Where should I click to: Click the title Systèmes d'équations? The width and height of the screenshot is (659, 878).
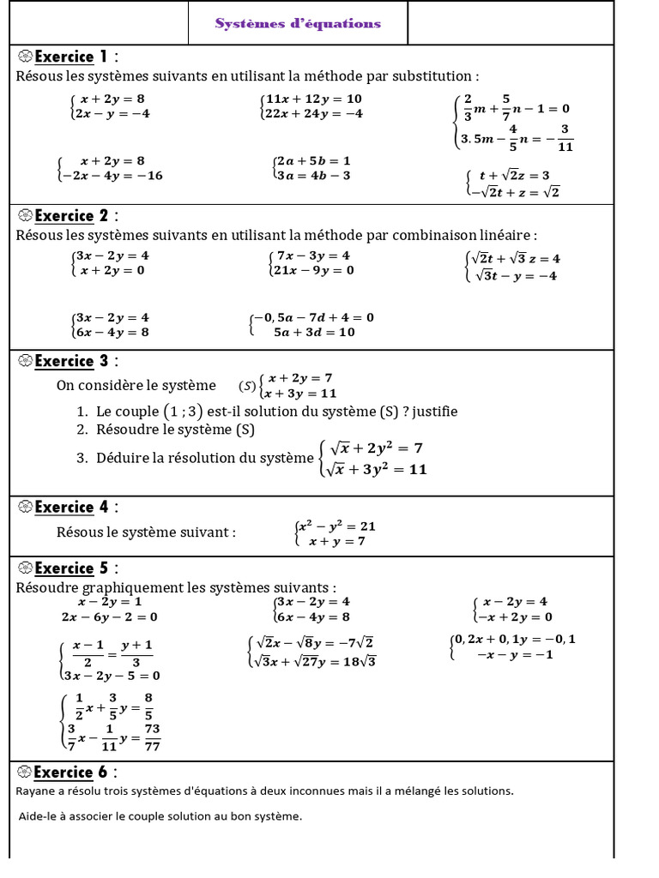coord(298,23)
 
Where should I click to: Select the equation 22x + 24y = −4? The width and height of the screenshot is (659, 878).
coord(314,114)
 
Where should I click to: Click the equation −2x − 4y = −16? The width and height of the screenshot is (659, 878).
coord(112,176)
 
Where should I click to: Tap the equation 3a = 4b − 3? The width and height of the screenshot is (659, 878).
coord(312,176)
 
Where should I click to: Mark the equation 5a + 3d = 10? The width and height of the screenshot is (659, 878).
coord(314,332)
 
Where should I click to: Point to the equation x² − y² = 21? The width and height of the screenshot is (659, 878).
coord(336,526)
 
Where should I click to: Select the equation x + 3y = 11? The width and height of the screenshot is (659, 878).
coord(299,394)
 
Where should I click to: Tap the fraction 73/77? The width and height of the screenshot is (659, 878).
coord(153,737)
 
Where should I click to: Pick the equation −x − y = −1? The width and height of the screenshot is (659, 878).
coord(515,655)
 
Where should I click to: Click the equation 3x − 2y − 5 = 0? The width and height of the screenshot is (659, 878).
coord(112,675)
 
